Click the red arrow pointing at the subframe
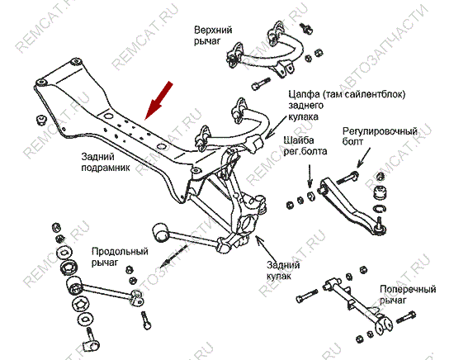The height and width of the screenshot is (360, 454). pyautogui.click(x=158, y=101)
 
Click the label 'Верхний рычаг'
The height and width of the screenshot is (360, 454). pyautogui.click(x=213, y=36)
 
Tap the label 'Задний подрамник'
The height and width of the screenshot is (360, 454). pyautogui.click(x=106, y=162)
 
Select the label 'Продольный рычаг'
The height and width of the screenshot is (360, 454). pyautogui.click(x=120, y=257)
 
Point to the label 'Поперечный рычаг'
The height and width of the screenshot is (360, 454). pyautogui.click(x=408, y=295)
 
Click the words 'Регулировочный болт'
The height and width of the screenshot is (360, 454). pyautogui.click(x=380, y=136)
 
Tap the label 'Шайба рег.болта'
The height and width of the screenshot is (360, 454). pyautogui.click(x=305, y=145)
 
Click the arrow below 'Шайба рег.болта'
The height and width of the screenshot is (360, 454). pyautogui.click(x=310, y=176)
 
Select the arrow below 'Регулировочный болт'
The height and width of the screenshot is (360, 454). pyautogui.click(x=363, y=158)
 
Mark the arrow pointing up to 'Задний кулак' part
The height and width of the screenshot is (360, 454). pyautogui.click(x=265, y=247)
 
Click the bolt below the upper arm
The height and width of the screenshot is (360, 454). pyautogui.click(x=261, y=83)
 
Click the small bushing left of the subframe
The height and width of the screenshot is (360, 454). pyautogui.click(x=42, y=120)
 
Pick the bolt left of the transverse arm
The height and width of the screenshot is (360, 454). pyautogui.click(x=306, y=296)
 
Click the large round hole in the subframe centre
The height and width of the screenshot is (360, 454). pyautogui.click(x=107, y=116)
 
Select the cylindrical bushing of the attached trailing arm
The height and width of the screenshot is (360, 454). pyautogui.click(x=160, y=232)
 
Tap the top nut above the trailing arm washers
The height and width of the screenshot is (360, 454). pyautogui.click(x=56, y=227)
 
